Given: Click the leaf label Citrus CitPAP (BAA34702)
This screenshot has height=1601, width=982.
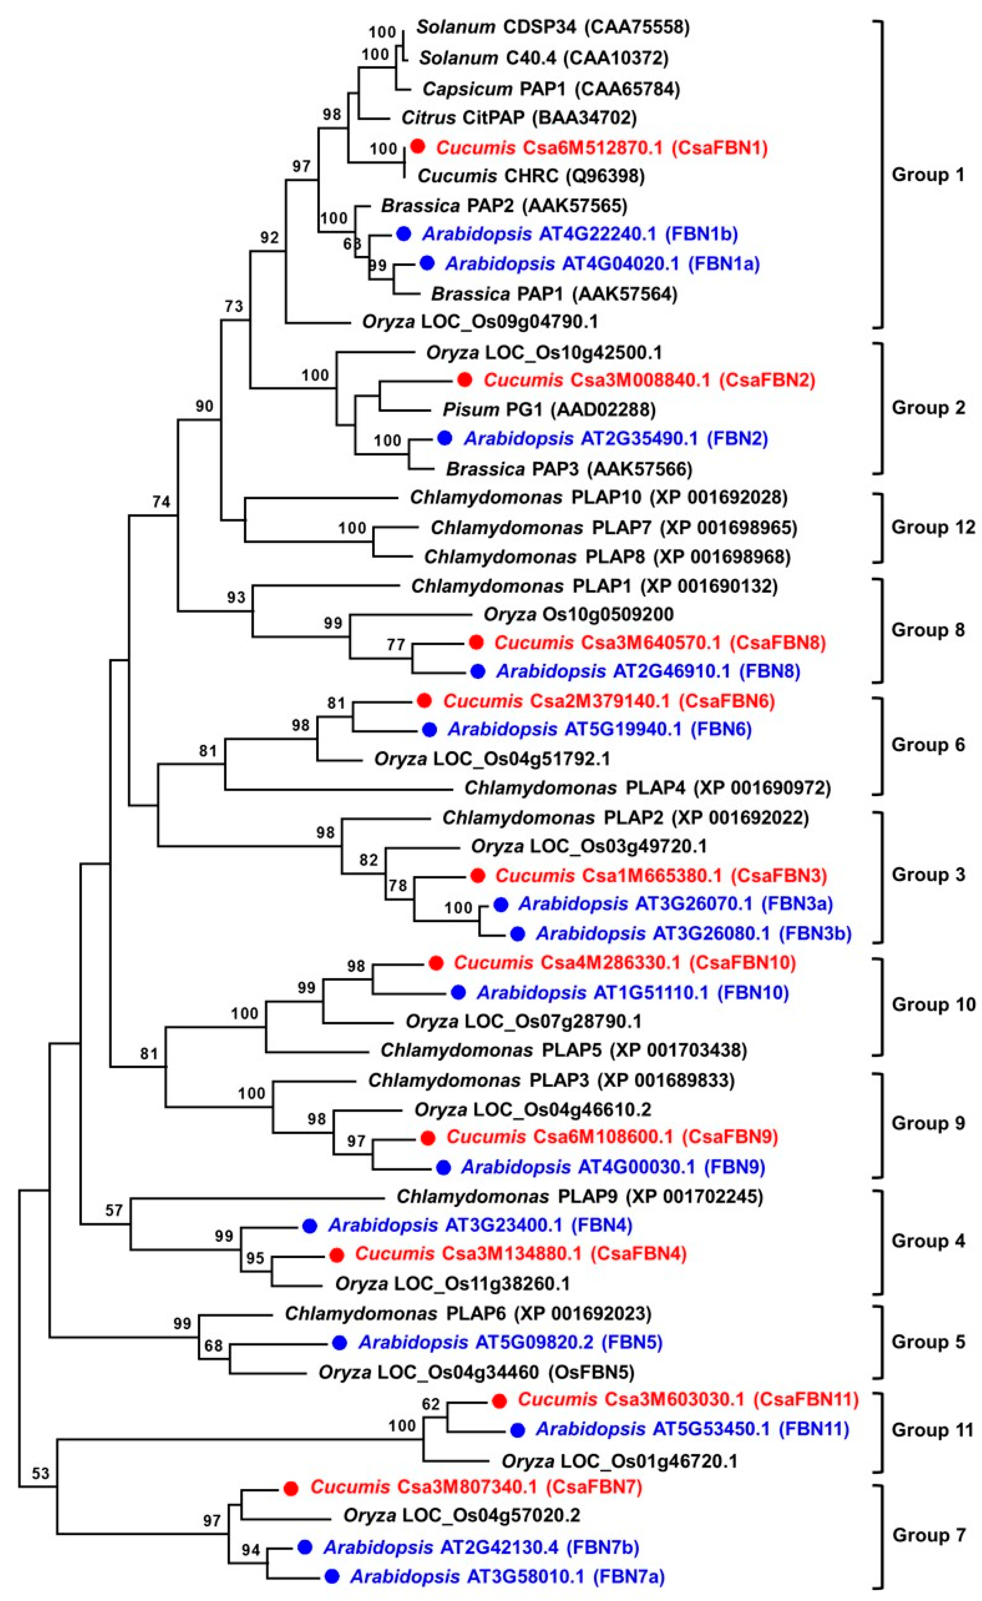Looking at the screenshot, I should coord(519,118).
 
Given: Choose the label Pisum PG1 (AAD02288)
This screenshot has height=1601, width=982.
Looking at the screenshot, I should coord(549,409).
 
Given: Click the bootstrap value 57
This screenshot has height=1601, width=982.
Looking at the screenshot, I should coord(114,1210).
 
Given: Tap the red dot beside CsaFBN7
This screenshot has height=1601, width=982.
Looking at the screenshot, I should coord(291,1487).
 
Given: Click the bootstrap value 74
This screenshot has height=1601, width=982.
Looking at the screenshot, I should coord(161,501).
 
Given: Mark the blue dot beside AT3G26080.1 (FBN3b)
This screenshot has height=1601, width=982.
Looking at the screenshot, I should coord(517,934).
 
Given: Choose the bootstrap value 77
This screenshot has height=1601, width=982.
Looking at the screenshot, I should coord(396,645).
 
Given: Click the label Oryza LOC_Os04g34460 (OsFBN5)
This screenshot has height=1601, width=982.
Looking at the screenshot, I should coord(476,1372).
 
